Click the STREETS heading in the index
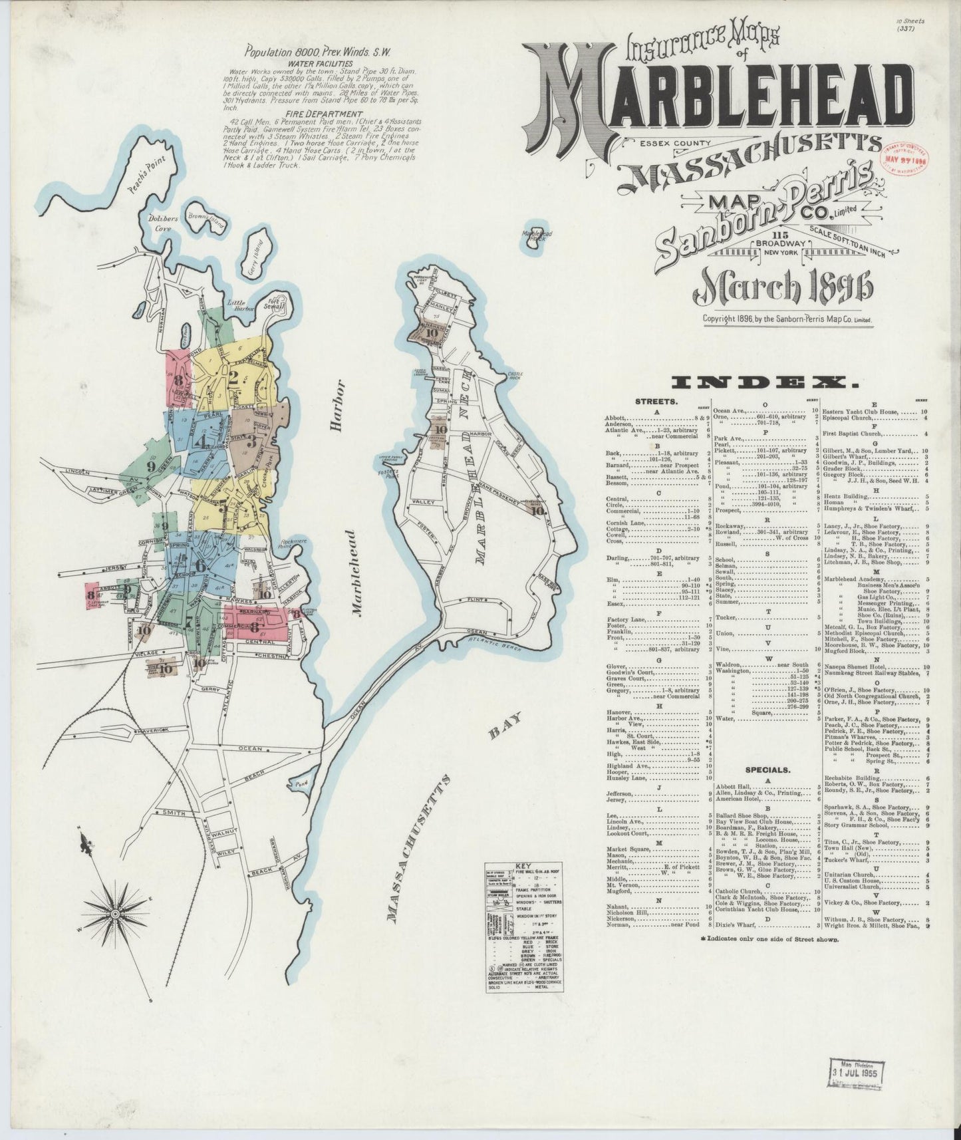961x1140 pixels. click(x=656, y=402)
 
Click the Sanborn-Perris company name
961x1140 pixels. click(x=765, y=216)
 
